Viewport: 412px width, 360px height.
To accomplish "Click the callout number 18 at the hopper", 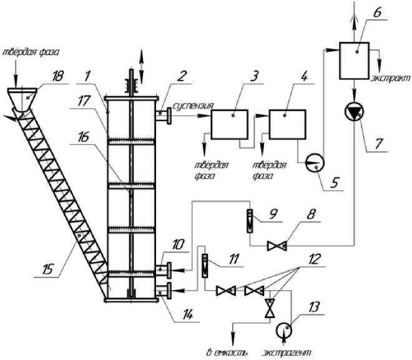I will click(x=57, y=75).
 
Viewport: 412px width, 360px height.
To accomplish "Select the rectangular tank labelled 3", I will click(x=228, y=124).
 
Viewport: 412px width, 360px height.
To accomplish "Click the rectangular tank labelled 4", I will click(x=287, y=124).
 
